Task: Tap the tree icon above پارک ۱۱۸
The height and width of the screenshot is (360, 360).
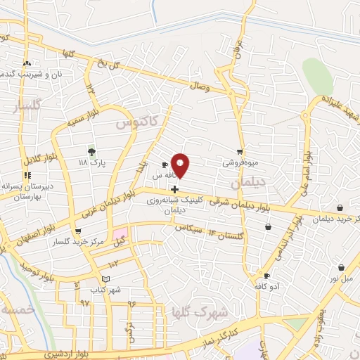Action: (91, 152)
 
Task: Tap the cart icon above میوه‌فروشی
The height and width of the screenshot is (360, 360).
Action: (240, 152)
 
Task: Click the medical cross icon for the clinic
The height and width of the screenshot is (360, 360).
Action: (174, 189)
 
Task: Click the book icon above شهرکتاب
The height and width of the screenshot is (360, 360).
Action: (105, 279)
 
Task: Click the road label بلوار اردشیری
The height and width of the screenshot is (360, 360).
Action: (63, 355)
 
